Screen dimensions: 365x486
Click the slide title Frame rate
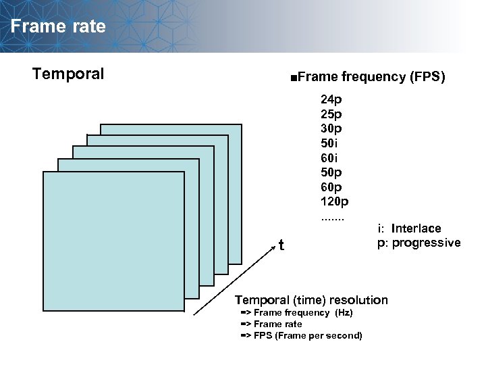[x=58, y=26]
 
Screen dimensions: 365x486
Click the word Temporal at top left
[x=68, y=74]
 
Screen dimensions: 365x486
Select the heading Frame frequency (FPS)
[x=367, y=77]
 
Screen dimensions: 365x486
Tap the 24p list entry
[x=331, y=99]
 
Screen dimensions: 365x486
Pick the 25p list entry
[x=331, y=114]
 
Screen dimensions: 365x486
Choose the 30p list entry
[x=331, y=128]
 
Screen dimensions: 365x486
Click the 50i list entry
[x=329, y=143]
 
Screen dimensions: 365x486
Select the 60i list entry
[x=329, y=157]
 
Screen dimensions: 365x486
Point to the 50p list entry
[x=331, y=172]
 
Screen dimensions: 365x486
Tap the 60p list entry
[x=331, y=187]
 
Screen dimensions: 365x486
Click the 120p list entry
[x=334, y=201]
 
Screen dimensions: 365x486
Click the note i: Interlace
[x=409, y=228]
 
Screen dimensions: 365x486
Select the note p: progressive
[x=418, y=243]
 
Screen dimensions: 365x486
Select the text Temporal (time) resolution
[x=311, y=299]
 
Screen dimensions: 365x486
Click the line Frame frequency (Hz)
[x=297, y=313]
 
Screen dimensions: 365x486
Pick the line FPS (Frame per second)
[x=302, y=336]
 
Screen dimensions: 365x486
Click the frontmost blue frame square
[x=113, y=241]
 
